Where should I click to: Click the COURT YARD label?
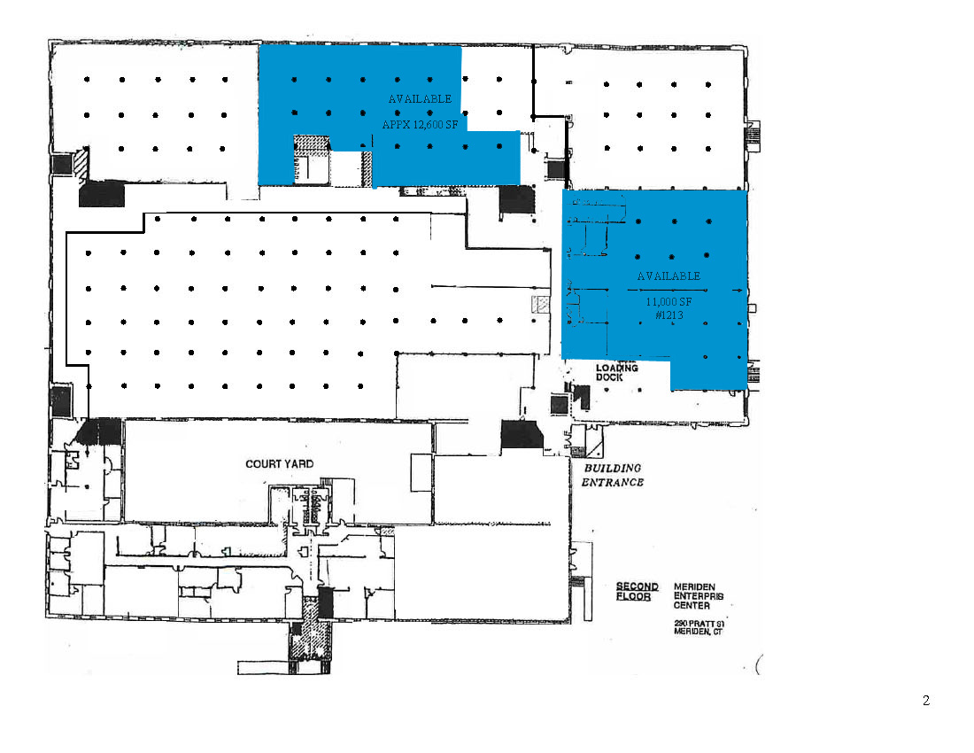click(279, 464)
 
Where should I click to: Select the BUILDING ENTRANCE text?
click(612, 475)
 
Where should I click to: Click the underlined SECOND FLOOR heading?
click(638, 592)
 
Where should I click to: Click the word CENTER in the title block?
click(692, 607)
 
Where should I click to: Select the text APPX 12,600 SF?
click(420, 126)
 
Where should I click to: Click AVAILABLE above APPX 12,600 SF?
click(420, 99)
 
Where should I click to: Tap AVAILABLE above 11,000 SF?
click(669, 276)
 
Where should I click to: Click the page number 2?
click(926, 701)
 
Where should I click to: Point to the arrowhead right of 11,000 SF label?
click(738, 290)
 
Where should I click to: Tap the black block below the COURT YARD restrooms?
click(325, 602)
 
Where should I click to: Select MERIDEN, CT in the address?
click(695, 632)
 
